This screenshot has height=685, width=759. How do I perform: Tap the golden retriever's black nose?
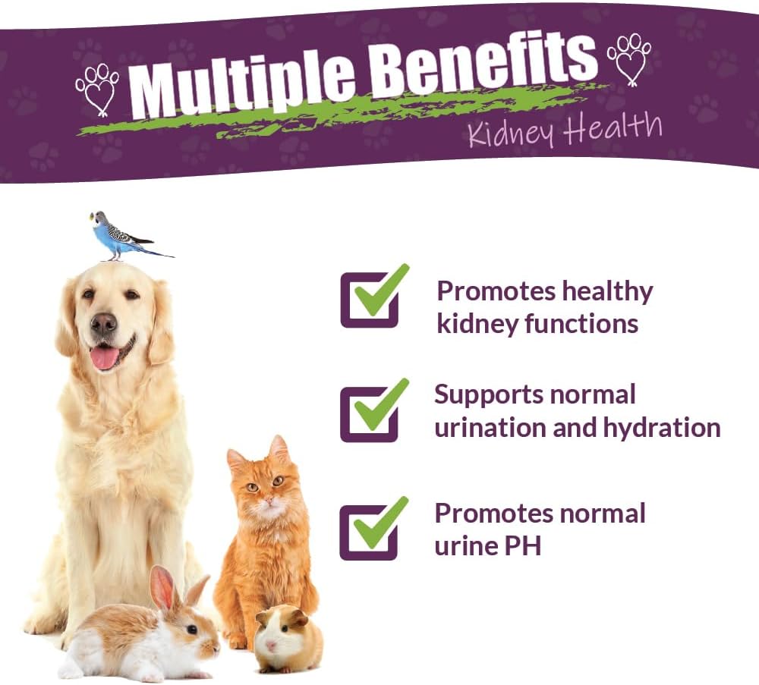pyautogui.click(x=104, y=323)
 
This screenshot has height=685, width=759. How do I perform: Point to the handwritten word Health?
pyautogui.click(x=612, y=128)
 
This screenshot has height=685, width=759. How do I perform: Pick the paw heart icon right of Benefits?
pyautogui.click(x=628, y=58)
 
